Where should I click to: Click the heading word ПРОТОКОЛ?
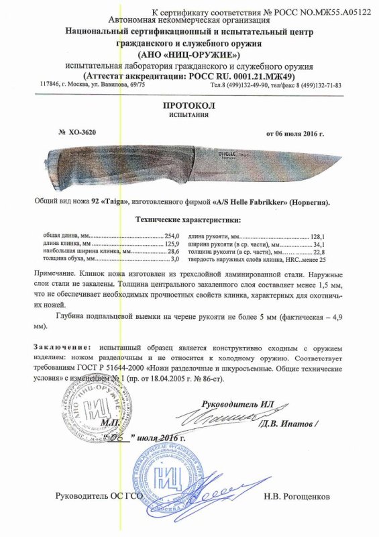click(189, 107)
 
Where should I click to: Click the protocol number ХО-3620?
click(81, 132)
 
